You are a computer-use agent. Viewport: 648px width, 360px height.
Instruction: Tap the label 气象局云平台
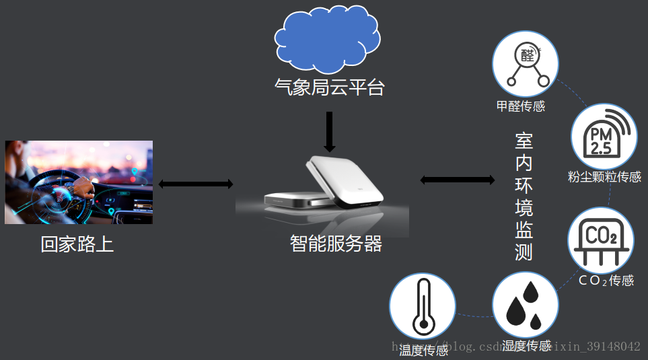point(329,87)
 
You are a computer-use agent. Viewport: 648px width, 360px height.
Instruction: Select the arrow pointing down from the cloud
point(329,132)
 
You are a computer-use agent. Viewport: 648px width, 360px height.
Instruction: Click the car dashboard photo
point(79,182)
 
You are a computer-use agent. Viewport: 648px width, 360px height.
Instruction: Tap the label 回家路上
point(77,244)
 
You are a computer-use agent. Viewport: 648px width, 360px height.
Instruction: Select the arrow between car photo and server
point(196,184)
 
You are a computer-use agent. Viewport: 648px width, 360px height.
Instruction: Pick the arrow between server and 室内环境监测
point(457,180)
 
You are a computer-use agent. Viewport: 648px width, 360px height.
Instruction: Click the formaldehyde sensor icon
point(526,65)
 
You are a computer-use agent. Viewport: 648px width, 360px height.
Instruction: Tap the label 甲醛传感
point(520,106)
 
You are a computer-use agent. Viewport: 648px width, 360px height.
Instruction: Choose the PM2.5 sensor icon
point(604,137)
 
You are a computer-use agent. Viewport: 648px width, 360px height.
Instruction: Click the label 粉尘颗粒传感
point(604,177)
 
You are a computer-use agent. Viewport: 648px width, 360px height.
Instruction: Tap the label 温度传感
point(423,351)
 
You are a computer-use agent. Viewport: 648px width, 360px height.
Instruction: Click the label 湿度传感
point(527,346)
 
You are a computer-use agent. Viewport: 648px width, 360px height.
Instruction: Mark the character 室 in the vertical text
point(524,142)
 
